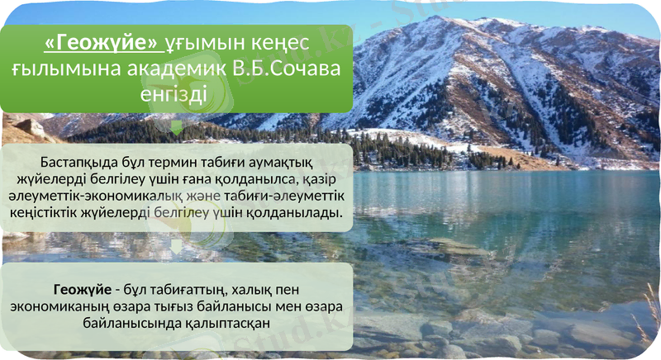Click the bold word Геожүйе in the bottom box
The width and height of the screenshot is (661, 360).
point(81,291)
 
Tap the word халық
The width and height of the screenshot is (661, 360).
point(233,291)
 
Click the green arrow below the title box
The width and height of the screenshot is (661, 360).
point(176,126)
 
